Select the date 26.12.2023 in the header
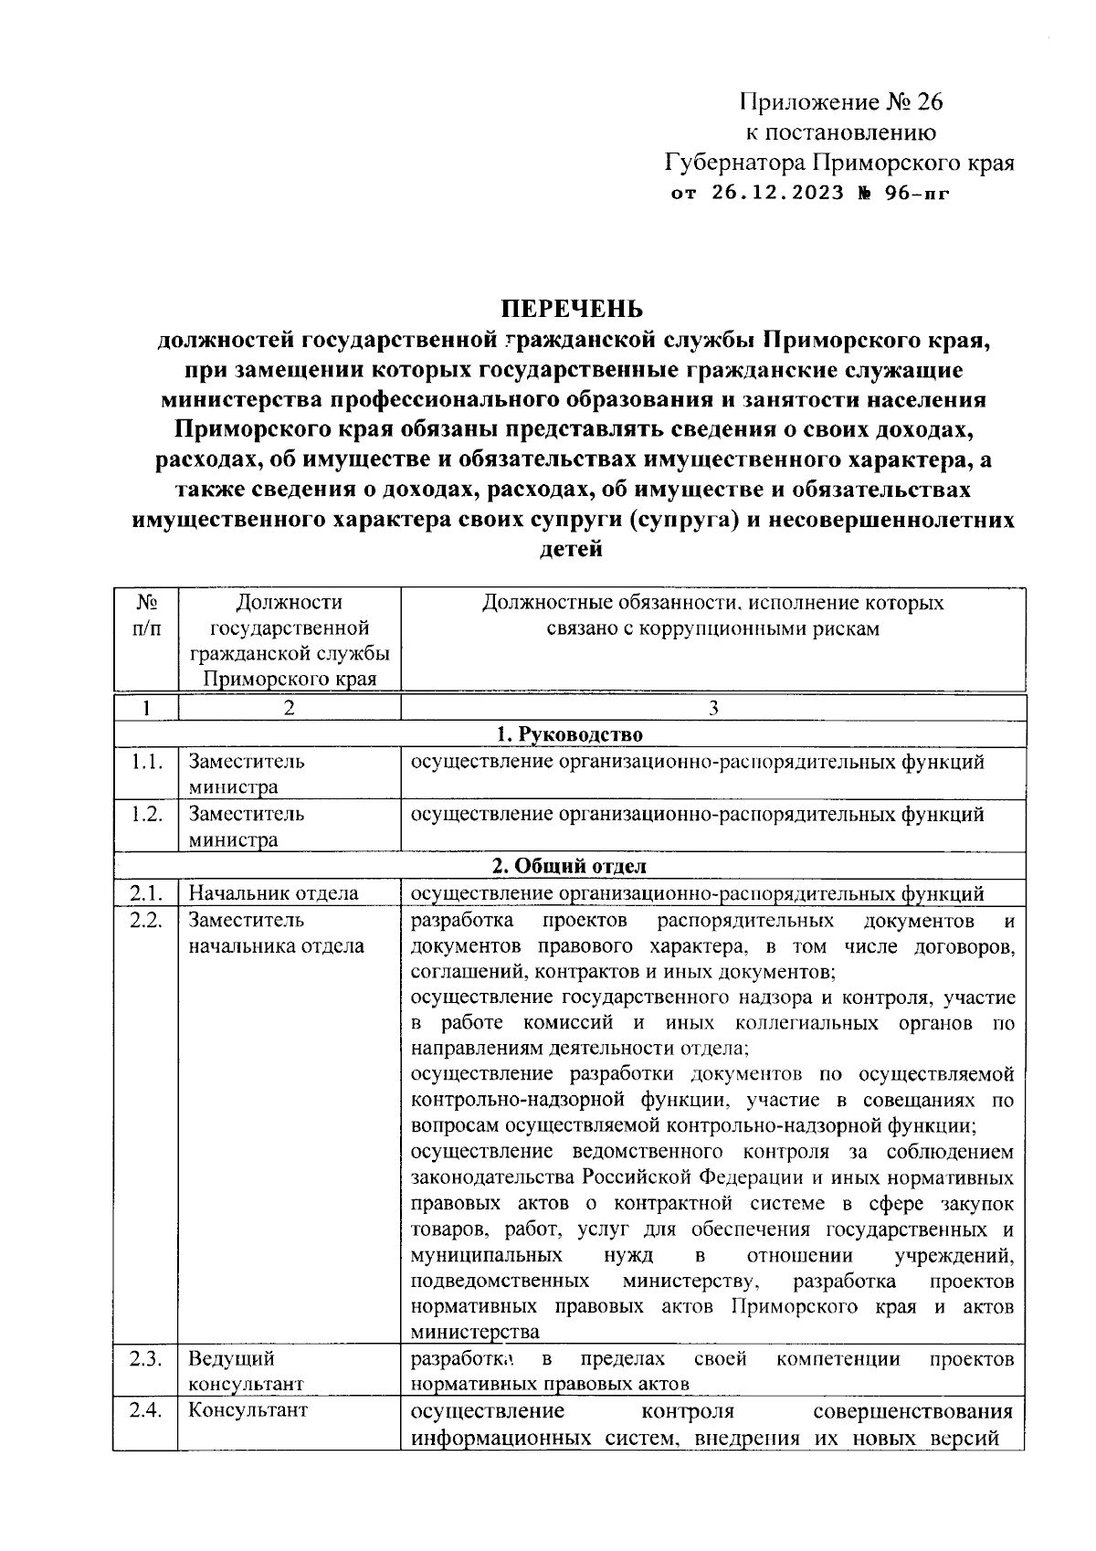[x=774, y=194]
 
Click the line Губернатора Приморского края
[x=838, y=163]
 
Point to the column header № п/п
[x=146, y=616]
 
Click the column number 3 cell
[x=713, y=708]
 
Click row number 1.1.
[x=146, y=762]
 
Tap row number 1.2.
[x=146, y=814]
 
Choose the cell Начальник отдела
[x=273, y=893]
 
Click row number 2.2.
[x=146, y=920]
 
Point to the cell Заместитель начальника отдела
[x=276, y=933]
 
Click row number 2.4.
[x=146, y=1410]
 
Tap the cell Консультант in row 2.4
[x=248, y=1410]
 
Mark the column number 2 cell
[x=289, y=708]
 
